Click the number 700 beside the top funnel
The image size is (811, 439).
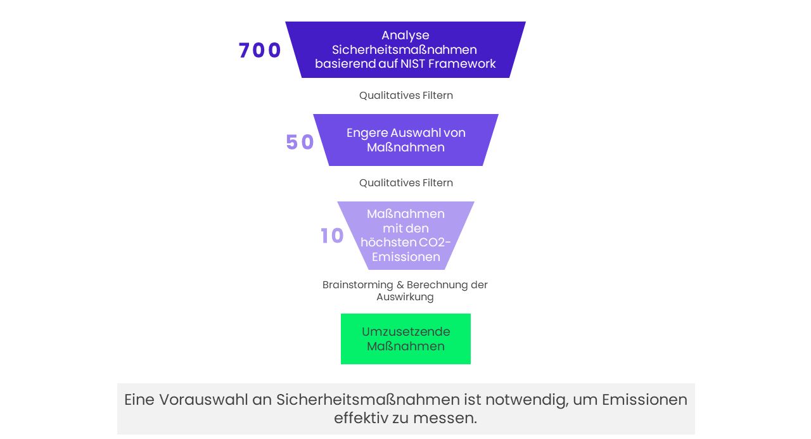tap(260, 50)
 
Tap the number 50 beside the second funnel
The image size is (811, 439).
tap(300, 142)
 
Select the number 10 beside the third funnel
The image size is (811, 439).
tap(332, 236)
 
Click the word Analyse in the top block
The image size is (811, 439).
tap(405, 35)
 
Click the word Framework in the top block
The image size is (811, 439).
tap(462, 64)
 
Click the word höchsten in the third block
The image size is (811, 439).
tap(383, 242)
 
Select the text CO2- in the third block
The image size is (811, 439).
tap(430, 242)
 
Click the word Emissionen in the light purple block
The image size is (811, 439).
tap(406, 257)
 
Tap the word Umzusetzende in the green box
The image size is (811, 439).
tap(406, 331)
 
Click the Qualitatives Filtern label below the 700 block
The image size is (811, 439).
tap(406, 96)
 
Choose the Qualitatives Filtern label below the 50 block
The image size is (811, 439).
tap(406, 183)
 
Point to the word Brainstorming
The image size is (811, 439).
tap(358, 285)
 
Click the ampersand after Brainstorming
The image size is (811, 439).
tap(400, 285)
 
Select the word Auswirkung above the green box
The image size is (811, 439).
tap(405, 297)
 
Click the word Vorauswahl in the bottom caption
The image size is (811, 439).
tap(203, 400)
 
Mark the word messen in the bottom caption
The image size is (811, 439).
tap(445, 418)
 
